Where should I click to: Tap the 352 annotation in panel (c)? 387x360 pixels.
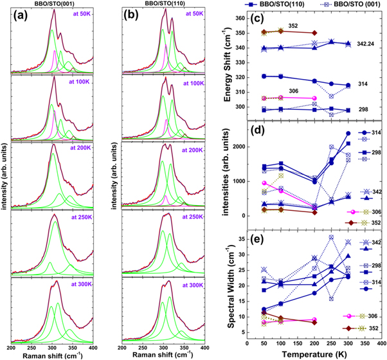tap(292, 26)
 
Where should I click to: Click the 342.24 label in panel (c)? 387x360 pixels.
tap(369, 44)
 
